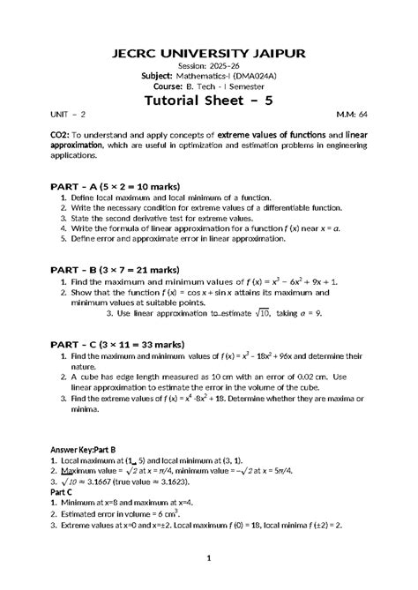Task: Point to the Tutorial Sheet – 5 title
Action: (x=208, y=100)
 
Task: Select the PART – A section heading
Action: (x=77, y=187)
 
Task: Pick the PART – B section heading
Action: (x=77, y=268)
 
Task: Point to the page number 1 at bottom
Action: (x=208, y=557)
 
